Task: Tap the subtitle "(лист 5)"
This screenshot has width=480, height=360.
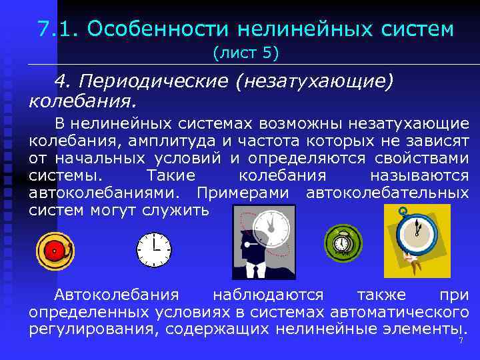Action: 245,51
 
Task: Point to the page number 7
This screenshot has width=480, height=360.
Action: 460,341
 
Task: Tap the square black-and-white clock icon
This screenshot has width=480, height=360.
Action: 154,249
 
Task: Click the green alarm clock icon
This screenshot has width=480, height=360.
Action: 342,242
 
